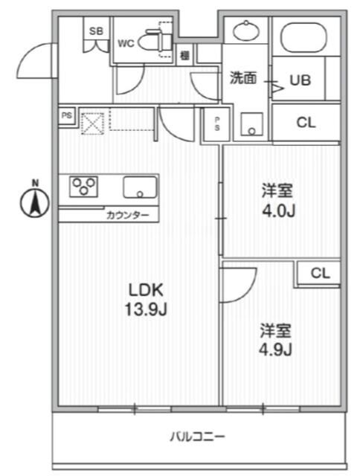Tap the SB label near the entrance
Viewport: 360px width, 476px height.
(97, 30)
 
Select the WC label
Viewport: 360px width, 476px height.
(126, 42)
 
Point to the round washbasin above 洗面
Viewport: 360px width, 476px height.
(245, 31)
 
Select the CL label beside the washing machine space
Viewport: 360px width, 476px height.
(306, 123)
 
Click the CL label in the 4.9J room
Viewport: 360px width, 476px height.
(320, 273)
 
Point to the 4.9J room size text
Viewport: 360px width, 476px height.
(275, 350)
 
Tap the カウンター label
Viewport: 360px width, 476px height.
(128, 216)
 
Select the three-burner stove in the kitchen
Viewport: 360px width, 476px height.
(86, 186)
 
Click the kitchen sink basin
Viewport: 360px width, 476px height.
(139, 187)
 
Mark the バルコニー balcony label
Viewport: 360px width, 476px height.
(197, 437)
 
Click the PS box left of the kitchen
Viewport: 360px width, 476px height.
(67, 115)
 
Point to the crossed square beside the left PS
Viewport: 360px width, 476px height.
(91, 121)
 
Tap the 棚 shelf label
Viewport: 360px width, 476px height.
(184, 54)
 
